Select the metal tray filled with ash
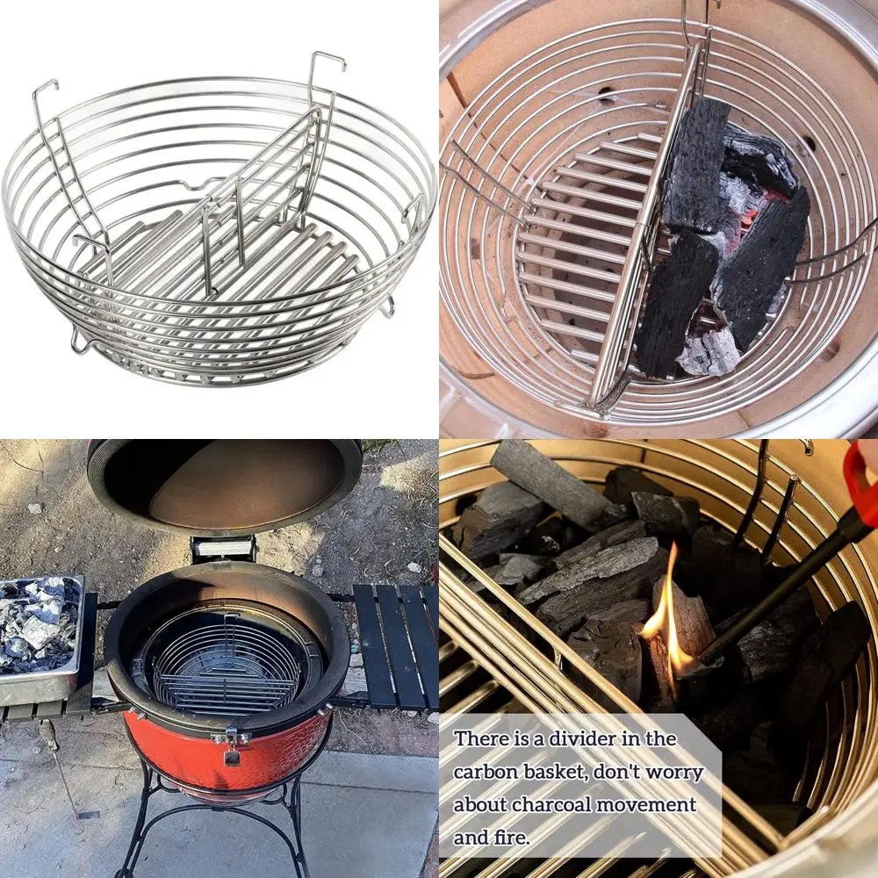point(40,637)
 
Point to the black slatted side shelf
point(395,645)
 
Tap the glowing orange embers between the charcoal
point(746,206)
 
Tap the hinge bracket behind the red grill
point(224,549)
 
